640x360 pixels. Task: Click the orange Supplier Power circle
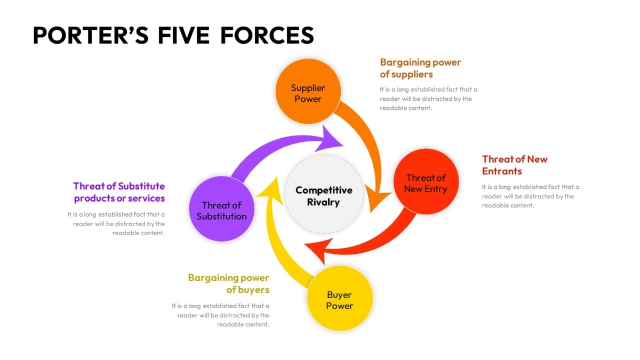[308, 91]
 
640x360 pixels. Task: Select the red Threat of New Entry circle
[426, 181]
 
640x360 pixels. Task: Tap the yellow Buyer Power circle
[340, 298]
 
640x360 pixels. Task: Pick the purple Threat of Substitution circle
[221, 209]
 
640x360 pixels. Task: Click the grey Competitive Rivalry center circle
[324, 194]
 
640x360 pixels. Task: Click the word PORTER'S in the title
[91, 35]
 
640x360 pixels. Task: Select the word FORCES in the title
[267, 35]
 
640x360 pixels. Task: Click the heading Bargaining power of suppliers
[420, 68]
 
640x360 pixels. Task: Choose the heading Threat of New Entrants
[515, 165]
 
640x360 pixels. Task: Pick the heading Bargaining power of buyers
[229, 284]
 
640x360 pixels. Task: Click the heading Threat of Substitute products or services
[119, 193]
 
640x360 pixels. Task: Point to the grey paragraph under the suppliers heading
[428, 99]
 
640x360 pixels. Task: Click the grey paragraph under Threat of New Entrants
[530, 196]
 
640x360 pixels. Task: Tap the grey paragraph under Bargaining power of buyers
[221, 315]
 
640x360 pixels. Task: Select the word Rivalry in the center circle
[323, 202]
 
